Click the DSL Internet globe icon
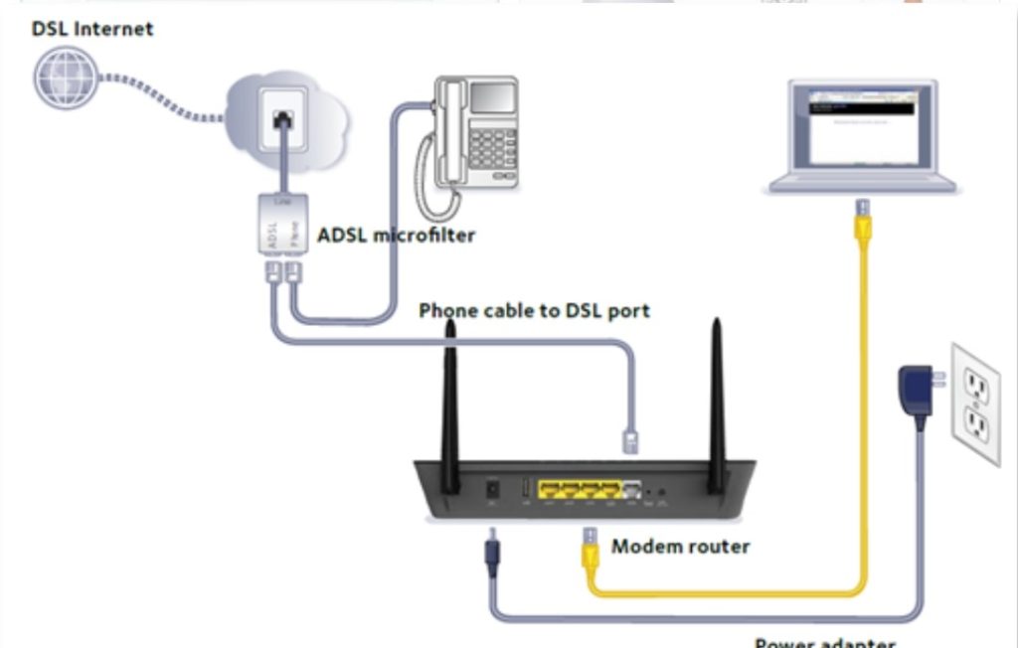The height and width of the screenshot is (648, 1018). (68, 78)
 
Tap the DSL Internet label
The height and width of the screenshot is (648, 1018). (92, 29)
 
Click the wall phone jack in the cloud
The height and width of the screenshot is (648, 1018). (283, 120)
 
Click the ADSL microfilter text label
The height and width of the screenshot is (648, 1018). (396, 236)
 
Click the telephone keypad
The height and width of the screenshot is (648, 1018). (492, 149)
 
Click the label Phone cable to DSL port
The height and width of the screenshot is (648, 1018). (534, 311)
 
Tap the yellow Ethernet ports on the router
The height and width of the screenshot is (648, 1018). (579, 489)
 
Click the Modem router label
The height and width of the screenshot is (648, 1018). (680, 546)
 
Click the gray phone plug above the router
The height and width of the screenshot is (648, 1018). (630, 440)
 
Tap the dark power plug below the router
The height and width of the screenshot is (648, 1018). (491, 550)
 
